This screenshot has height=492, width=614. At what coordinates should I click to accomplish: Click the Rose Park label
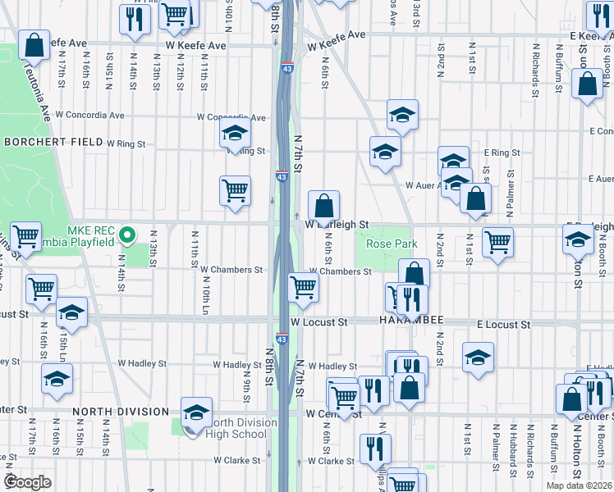click(x=392, y=244)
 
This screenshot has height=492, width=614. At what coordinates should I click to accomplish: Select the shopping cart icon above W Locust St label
click(x=304, y=287)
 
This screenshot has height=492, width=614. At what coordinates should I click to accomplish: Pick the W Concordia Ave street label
click(x=231, y=117)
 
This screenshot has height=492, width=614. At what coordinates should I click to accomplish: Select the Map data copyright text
click(x=578, y=485)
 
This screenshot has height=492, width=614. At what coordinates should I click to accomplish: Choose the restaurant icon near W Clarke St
click(x=375, y=448)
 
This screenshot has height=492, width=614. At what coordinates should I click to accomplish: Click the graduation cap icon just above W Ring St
click(x=235, y=131)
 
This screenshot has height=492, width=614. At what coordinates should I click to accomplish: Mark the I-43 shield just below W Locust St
click(x=282, y=338)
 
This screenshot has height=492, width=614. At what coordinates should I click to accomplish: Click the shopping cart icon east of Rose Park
click(x=497, y=242)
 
